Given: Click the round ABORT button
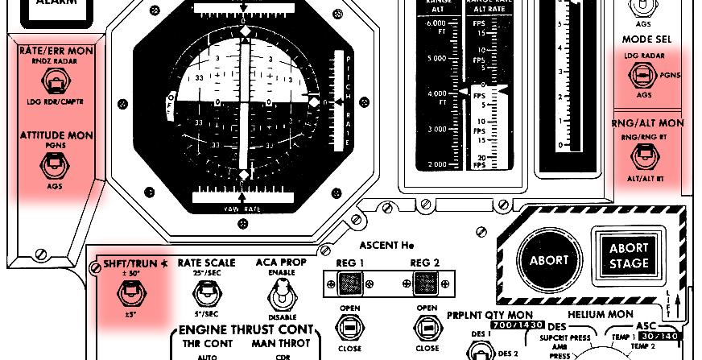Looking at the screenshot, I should point(548,260).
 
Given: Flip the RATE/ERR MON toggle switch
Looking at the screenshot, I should point(55,82).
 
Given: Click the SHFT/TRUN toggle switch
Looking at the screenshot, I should point(128,295).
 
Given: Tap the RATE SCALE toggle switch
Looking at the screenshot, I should point(206,295).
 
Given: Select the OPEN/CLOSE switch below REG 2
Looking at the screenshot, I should point(427,327).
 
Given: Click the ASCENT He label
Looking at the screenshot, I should point(386,245).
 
